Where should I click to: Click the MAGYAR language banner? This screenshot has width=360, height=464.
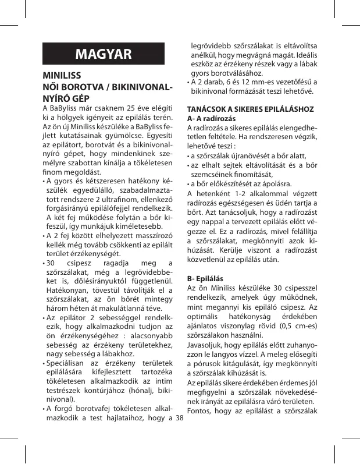(x=104, y=55)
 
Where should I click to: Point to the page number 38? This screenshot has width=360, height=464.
(x=179, y=419)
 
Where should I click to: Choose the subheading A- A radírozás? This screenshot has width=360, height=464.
(x=213, y=118)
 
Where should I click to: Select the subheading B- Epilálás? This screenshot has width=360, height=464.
(x=209, y=279)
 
